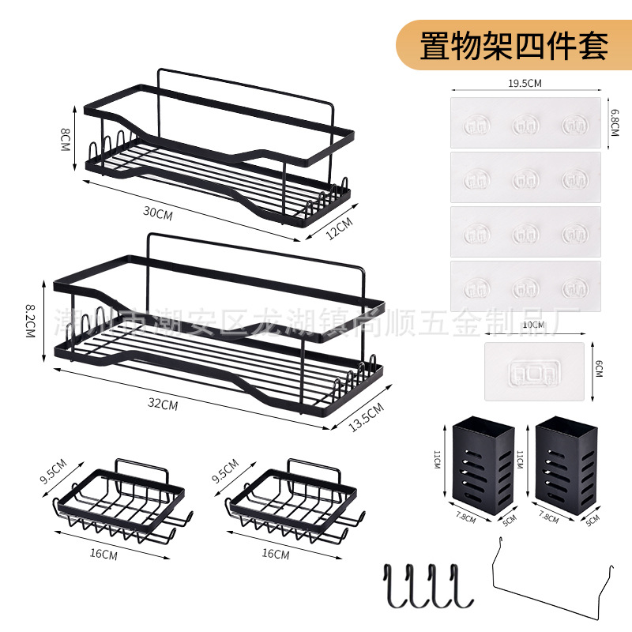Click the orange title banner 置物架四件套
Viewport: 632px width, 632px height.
pos(513,44)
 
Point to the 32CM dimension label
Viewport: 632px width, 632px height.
pos(162,404)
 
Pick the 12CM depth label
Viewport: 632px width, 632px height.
pos(337,228)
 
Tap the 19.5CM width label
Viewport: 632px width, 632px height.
pos(525,82)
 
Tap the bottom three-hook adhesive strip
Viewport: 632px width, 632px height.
pos(525,286)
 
